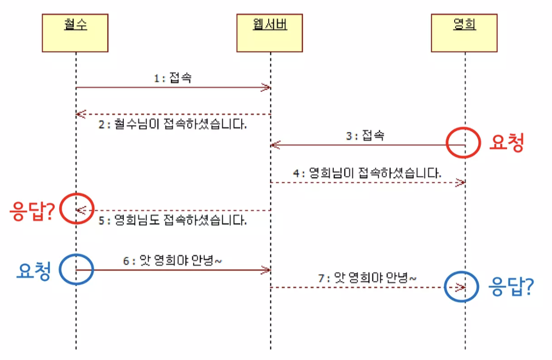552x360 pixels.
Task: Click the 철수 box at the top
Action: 75,33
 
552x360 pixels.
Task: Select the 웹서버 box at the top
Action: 270,33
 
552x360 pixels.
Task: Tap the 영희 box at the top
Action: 464,33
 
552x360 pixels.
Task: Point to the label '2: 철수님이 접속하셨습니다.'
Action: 173,125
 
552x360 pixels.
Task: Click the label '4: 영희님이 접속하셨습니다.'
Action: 368,173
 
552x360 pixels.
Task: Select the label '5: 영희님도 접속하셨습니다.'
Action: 173,221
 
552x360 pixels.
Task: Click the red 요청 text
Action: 506,143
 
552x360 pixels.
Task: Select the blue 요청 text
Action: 33,271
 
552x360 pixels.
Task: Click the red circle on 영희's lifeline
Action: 462,143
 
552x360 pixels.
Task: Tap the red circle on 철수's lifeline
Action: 76,209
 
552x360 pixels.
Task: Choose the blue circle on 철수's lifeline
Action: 76,269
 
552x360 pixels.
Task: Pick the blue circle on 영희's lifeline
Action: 461,287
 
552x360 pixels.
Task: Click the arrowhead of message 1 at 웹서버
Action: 266,88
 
